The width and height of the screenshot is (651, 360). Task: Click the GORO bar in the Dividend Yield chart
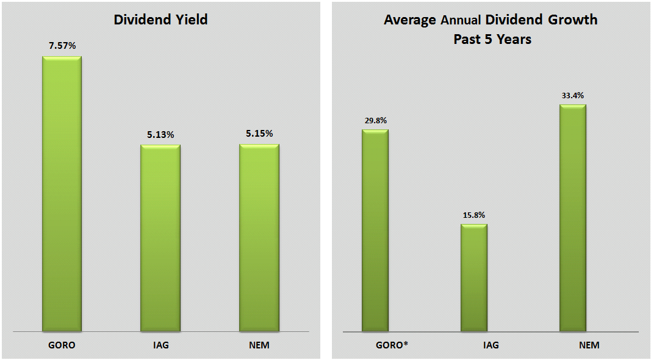tap(62, 194)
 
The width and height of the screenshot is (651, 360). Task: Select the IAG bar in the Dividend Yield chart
tap(160, 238)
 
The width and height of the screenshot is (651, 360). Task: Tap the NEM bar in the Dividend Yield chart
tap(259, 238)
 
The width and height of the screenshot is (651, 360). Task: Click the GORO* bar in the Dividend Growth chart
tap(375, 231)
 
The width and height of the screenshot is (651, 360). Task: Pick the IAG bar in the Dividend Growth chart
tap(474, 278)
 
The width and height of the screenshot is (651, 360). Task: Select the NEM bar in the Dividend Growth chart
tap(573, 218)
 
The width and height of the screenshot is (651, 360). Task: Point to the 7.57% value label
tap(62, 46)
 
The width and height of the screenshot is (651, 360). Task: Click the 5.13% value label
tap(160, 134)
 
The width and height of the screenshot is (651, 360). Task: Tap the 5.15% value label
tap(259, 134)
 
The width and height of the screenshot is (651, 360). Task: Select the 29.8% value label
tap(375, 120)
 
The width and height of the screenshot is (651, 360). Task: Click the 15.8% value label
tap(474, 215)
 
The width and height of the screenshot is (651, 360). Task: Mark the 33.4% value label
tap(573, 95)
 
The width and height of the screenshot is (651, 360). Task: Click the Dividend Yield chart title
tap(161, 20)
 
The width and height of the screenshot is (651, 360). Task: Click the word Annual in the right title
tap(461, 20)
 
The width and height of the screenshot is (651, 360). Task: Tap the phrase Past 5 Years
tap(492, 39)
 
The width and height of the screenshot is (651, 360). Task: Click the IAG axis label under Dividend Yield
tap(160, 345)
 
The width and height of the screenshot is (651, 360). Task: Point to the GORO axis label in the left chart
tap(62, 345)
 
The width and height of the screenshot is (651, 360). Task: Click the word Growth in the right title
tap(572, 20)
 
